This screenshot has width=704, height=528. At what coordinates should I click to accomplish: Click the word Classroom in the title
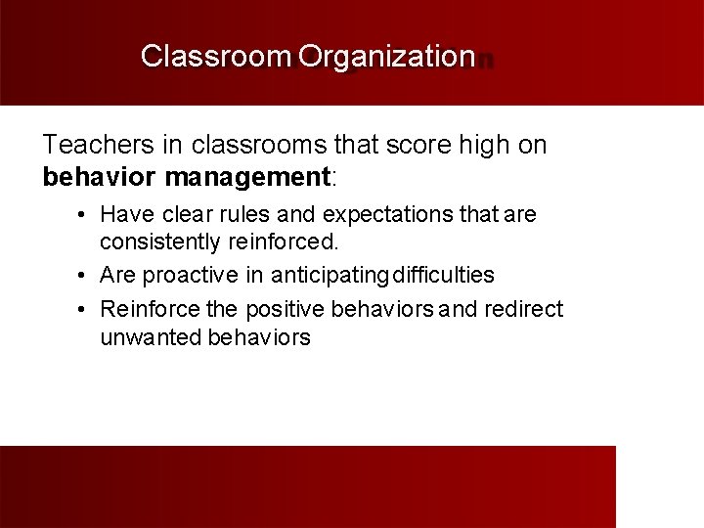click(215, 56)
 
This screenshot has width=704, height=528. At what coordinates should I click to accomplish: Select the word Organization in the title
click(386, 56)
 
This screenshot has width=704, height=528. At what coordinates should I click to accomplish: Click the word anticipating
click(330, 276)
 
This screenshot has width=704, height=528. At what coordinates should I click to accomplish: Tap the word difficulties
click(443, 276)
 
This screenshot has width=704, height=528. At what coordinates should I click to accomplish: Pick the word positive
click(286, 309)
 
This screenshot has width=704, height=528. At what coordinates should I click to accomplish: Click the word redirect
click(524, 309)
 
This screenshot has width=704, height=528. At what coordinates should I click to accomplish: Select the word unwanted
click(150, 337)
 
